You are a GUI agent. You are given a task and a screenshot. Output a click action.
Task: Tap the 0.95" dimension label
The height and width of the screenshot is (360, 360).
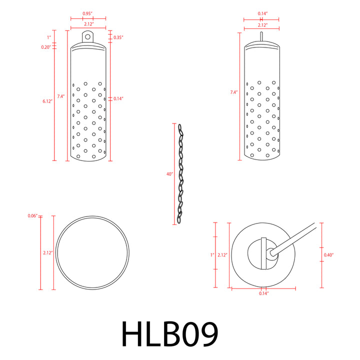click(x=88, y=13)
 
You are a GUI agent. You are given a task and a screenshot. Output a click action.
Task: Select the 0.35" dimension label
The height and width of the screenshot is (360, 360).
click(x=118, y=37)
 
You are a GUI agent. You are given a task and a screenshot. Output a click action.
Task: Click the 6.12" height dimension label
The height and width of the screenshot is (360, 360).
click(x=48, y=101)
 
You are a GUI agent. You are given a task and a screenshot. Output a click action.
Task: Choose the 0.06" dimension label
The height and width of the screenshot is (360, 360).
click(x=32, y=216)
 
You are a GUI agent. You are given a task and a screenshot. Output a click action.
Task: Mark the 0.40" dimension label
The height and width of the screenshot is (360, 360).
click(x=328, y=255)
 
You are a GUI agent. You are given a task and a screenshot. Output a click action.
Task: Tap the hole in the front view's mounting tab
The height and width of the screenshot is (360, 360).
click(x=88, y=36)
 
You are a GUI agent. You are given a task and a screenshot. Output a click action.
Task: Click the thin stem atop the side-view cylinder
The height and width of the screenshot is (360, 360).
click(x=261, y=36)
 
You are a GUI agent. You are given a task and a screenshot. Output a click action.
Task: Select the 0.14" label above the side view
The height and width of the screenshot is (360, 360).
click(x=261, y=13)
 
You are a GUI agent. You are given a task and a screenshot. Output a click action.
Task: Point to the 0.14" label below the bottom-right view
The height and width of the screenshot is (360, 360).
click(x=264, y=293)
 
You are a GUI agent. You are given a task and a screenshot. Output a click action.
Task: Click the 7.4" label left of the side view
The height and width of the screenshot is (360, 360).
click(x=233, y=92)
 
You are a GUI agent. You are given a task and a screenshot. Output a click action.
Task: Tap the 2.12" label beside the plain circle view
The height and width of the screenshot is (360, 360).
click(x=48, y=253)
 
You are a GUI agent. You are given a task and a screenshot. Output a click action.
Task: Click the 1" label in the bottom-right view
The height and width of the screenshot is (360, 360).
click(x=212, y=255)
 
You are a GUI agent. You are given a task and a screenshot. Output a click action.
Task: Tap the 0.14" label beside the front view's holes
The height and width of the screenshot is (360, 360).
click(x=118, y=98)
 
